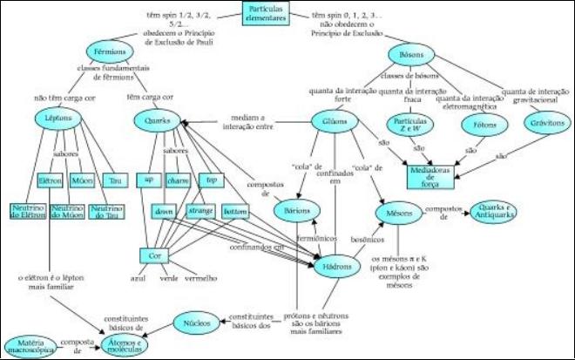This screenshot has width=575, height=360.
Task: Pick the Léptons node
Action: [x=60, y=119]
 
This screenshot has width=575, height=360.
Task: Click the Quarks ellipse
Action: [x=159, y=120]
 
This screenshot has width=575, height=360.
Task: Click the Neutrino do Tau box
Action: [x=107, y=212]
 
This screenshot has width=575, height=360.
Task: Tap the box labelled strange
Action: [x=201, y=212]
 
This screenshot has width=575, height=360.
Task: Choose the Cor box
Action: [x=152, y=256]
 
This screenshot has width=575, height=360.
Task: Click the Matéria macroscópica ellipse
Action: [x=29, y=348]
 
